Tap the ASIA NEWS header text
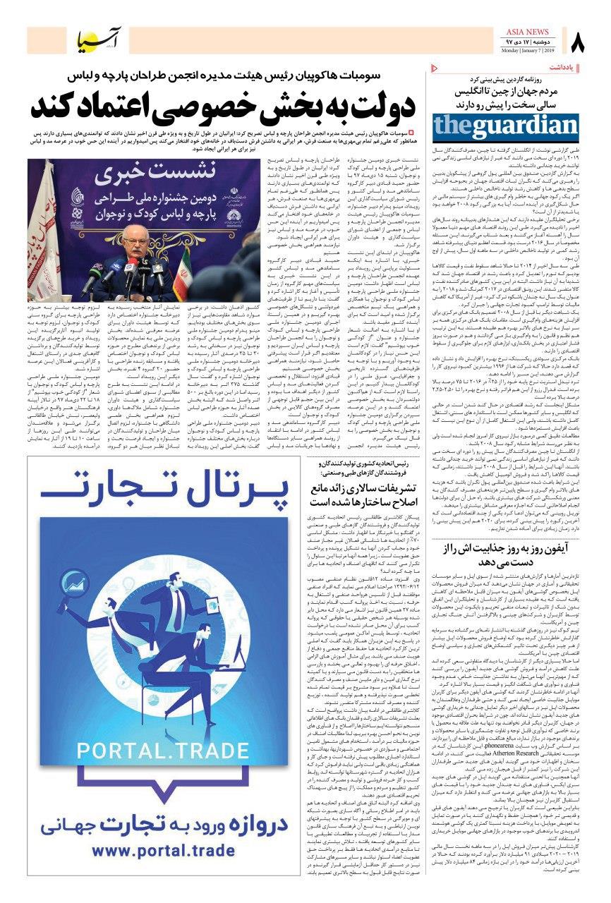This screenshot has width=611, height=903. pos(531,33)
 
